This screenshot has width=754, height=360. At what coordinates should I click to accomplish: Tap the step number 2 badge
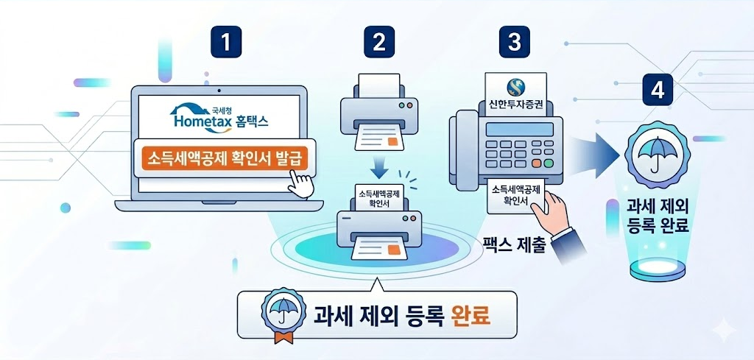click(x=378, y=41)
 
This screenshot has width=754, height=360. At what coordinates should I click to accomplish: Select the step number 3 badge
click(x=514, y=41)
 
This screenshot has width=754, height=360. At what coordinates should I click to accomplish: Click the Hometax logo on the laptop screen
click(x=219, y=118)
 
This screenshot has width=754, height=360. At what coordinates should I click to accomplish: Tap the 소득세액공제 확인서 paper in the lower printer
click(x=379, y=197)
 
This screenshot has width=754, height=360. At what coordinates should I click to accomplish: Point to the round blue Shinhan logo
click(x=515, y=84)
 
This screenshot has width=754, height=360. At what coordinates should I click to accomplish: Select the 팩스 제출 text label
click(x=512, y=244)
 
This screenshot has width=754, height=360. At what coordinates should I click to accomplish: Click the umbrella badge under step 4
click(x=655, y=151)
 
